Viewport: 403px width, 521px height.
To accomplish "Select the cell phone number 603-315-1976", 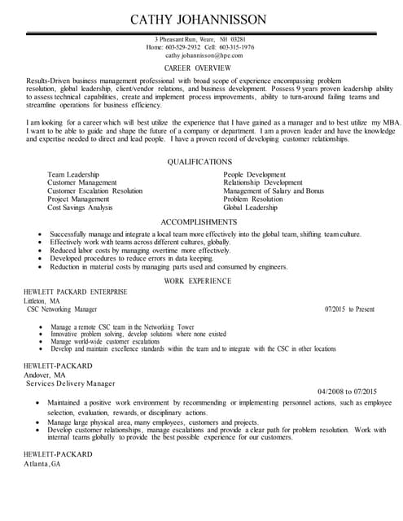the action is click(x=236, y=47).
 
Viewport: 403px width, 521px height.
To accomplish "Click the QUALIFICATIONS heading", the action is click(x=199, y=162).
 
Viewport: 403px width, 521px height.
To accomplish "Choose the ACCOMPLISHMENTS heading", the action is click(x=199, y=221).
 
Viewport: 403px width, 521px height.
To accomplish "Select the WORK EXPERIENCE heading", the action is click(x=199, y=280).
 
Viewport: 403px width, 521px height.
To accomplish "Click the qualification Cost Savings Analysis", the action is click(x=80, y=208).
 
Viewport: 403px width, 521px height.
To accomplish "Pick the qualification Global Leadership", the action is click(x=250, y=208).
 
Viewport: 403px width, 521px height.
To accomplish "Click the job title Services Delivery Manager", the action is click(x=70, y=383).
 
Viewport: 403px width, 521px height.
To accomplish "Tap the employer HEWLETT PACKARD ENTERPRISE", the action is click(x=75, y=291).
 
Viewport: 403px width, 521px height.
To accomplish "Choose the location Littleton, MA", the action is click(x=42, y=300).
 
